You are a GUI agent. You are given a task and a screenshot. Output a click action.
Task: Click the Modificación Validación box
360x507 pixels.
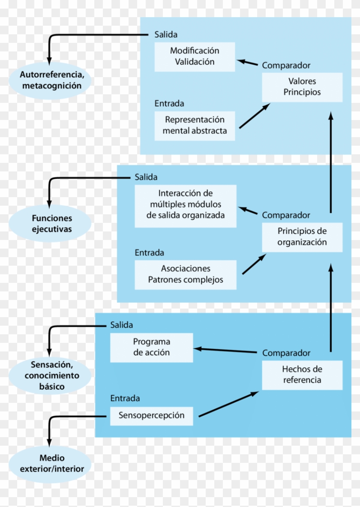[x=195, y=57]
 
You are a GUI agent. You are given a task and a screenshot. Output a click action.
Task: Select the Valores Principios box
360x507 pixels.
[x=302, y=87]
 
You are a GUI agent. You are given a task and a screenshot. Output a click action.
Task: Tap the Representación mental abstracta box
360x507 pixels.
[x=195, y=126]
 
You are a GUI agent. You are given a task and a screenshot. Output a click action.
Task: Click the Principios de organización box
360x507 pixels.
[x=302, y=237]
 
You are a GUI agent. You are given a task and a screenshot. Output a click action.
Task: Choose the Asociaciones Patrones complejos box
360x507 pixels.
[x=185, y=275]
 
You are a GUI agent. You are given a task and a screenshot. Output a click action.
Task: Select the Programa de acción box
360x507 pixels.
[x=151, y=348]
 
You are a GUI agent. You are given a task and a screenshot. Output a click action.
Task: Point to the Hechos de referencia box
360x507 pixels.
[x=302, y=375]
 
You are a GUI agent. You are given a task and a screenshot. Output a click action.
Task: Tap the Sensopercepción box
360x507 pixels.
[x=151, y=415]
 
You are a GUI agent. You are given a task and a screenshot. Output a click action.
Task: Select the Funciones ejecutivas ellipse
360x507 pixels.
[x=51, y=223]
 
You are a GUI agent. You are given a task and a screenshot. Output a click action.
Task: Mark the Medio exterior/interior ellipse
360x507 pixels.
[x=51, y=464]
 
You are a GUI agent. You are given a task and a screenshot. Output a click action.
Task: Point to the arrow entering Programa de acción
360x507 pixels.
[x=227, y=351]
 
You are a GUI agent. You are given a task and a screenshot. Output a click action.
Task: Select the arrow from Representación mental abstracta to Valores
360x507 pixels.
[x=255, y=115]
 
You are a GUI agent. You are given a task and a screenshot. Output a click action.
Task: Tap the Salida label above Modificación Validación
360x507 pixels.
[x=166, y=35]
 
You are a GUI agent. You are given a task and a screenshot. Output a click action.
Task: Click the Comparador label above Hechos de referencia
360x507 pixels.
[x=286, y=353]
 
